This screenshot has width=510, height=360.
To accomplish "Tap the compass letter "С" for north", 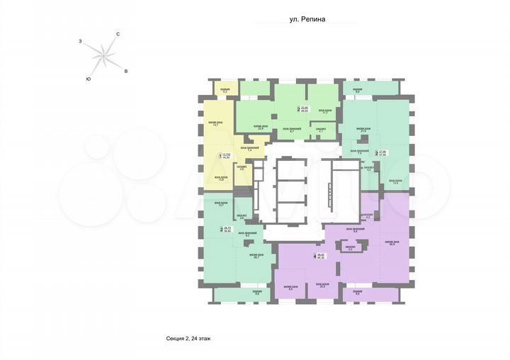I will coord(118,34).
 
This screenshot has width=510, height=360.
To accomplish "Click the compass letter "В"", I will coord(125,72).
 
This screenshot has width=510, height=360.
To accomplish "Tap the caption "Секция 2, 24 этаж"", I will coord(183,339).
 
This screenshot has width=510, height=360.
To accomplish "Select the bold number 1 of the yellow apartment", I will coord(220,156).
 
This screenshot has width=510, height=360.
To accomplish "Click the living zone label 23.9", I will coord(260,128).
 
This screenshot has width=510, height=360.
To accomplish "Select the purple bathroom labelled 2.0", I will coord(350,248).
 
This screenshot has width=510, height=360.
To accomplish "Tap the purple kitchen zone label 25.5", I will coord(322,286).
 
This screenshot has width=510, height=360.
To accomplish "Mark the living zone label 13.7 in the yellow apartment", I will coord(216,123).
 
